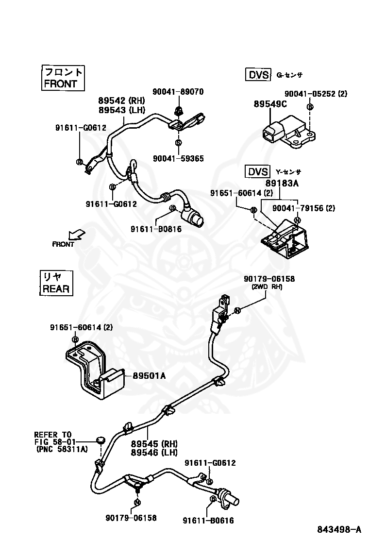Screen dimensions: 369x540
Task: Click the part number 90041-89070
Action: coord(178,92)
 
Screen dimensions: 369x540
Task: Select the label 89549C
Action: coord(270,104)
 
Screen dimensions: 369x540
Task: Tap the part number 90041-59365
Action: coord(178,159)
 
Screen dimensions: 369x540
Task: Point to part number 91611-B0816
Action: coord(156,229)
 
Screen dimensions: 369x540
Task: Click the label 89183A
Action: coord(282,183)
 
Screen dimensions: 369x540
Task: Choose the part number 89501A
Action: coord(149,376)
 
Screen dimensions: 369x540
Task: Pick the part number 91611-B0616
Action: coord(208,521)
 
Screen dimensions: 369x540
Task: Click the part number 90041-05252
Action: coord(310,94)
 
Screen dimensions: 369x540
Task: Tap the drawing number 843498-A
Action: coord(339,529)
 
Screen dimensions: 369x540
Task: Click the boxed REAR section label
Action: coord(56,283)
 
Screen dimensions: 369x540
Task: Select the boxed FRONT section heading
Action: coord(63,78)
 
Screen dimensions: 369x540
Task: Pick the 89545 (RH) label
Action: coord(154,443)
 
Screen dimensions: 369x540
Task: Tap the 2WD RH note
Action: coord(267,287)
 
